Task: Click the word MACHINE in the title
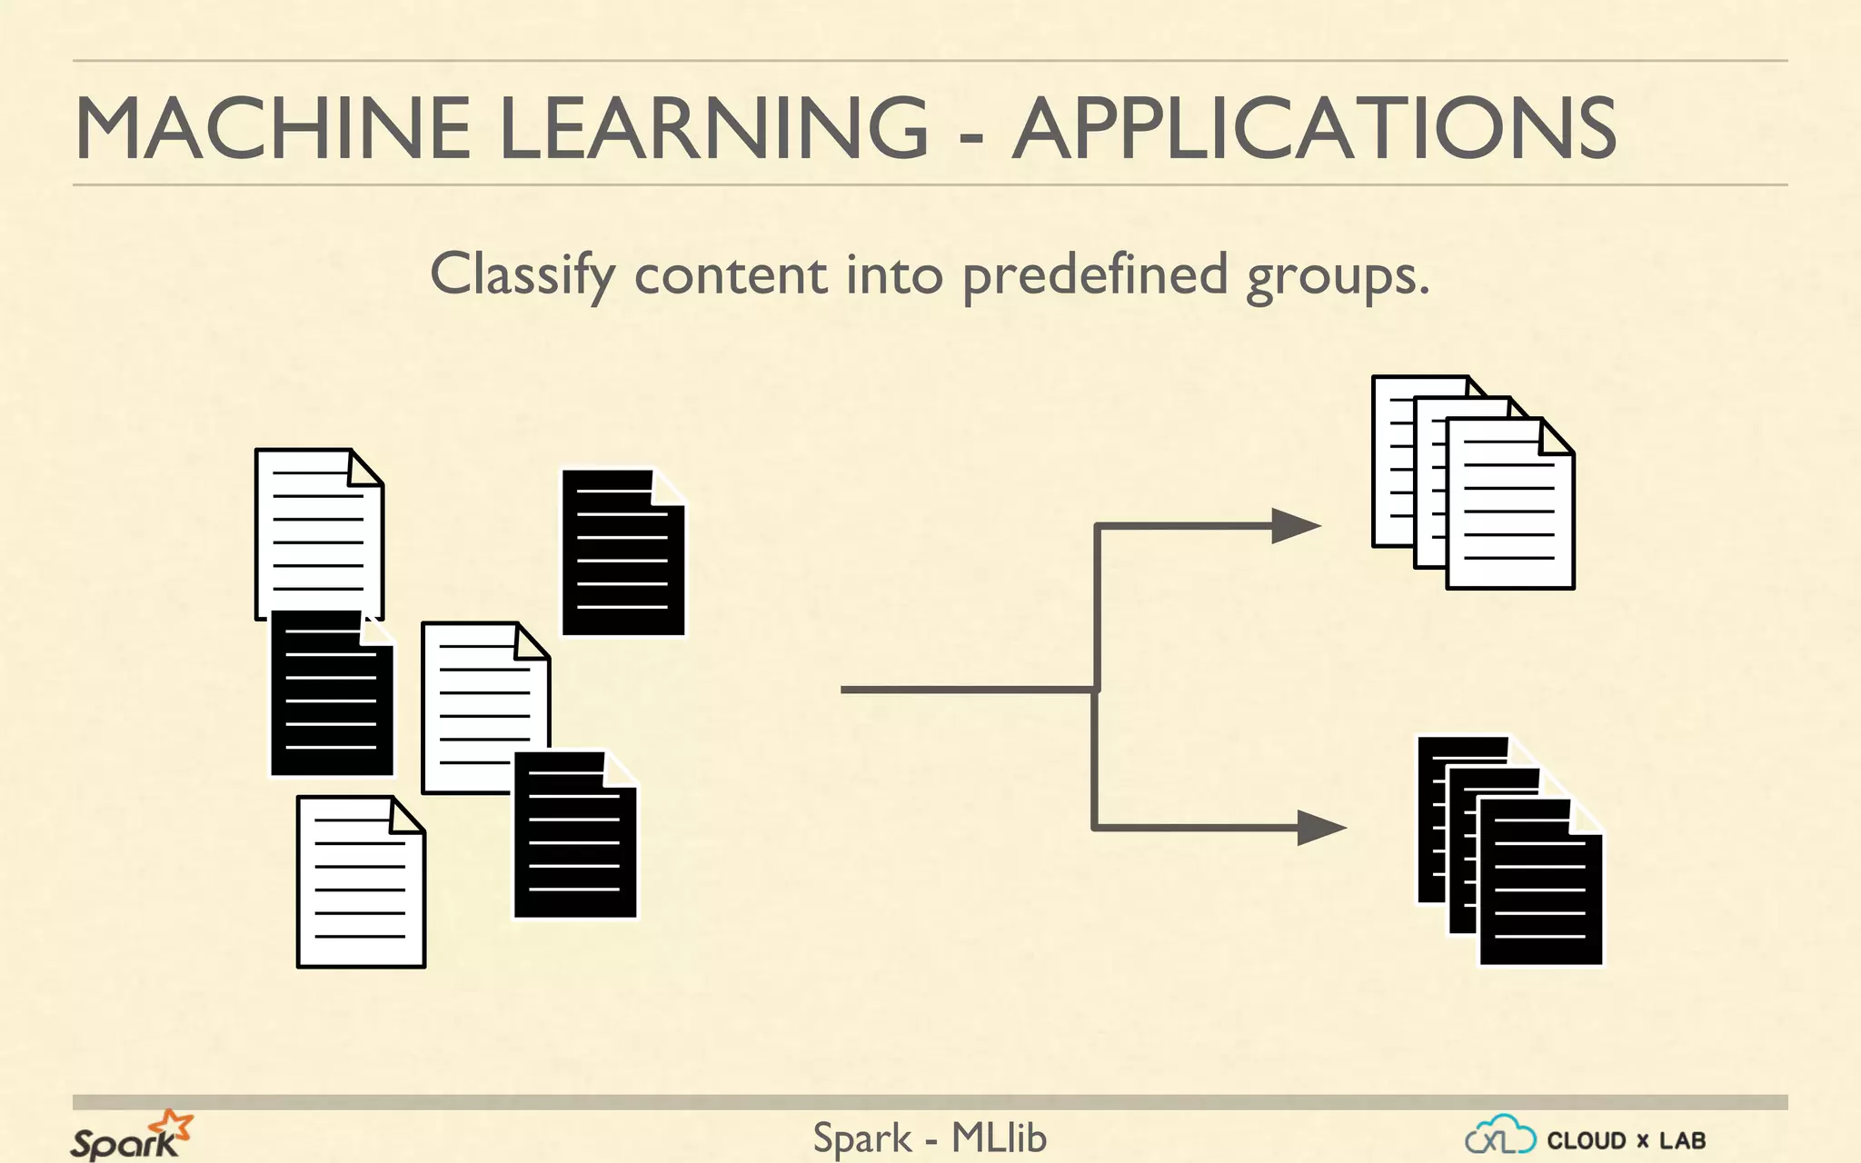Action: [272, 128]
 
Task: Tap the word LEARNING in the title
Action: [713, 128]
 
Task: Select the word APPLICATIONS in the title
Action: [1314, 128]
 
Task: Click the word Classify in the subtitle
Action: [522, 275]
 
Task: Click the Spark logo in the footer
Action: [132, 1136]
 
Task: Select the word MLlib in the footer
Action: [999, 1138]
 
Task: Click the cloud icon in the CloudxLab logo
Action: [1499, 1136]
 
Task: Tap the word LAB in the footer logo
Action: [1682, 1140]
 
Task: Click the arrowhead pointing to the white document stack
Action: [1296, 525]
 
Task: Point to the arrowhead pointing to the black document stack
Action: [1321, 828]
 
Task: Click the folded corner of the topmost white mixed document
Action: [365, 468]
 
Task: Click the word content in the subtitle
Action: [731, 275]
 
